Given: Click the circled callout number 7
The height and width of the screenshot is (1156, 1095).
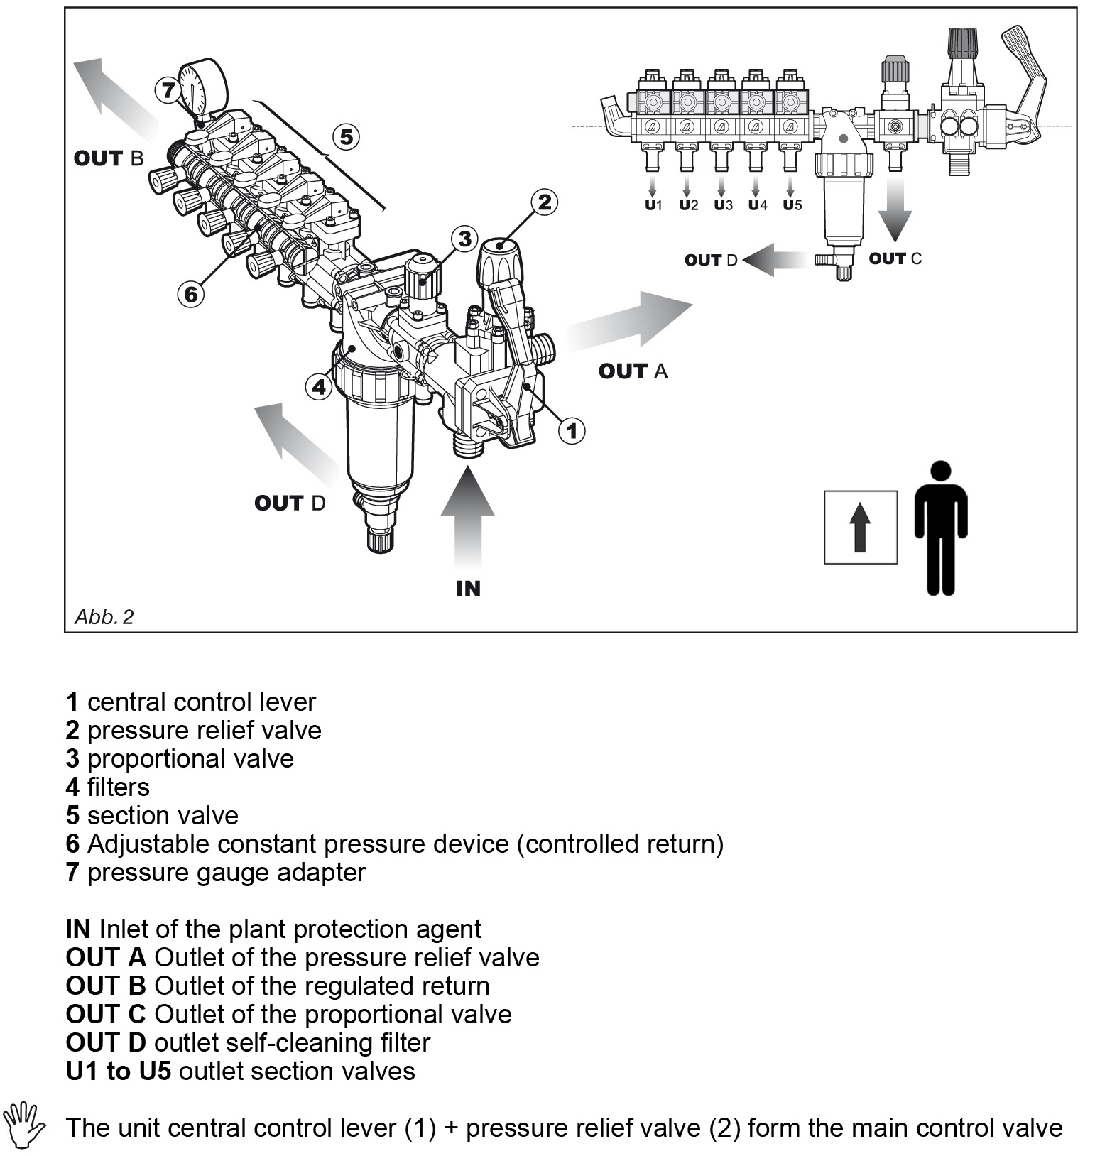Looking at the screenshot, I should [x=168, y=90].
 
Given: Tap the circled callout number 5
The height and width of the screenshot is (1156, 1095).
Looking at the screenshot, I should [x=346, y=136].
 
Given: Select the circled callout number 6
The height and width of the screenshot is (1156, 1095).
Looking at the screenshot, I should [x=191, y=293].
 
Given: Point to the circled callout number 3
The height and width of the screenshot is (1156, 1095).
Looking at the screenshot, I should [x=464, y=239].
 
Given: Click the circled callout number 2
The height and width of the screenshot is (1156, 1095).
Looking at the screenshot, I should [x=543, y=202].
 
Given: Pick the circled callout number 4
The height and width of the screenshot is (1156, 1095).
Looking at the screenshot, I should [x=320, y=387].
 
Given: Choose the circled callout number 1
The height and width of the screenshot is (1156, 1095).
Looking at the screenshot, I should [x=572, y=430].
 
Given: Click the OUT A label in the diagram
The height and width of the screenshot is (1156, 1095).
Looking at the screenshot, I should [x=633, y=371].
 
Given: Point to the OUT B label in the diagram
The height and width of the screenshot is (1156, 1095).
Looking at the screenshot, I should [x=109, y=158].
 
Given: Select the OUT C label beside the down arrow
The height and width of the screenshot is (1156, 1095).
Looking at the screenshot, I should [x=895, y=258].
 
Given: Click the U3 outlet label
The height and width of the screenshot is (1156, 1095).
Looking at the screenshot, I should [x=722, y=205].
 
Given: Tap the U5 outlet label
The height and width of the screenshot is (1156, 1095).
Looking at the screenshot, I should [x=792, y=205].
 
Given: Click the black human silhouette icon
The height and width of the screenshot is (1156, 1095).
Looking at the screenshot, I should [x=940, y=527].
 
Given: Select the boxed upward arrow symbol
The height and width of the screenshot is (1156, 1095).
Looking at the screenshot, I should [x=860, y=527].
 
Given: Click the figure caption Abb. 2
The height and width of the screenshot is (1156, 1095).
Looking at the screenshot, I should [x=104, y=616].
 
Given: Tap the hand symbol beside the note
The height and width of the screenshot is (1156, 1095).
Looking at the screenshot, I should [x=24, y=1125].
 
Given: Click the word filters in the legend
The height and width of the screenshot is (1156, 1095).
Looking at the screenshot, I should [x=118, y=787].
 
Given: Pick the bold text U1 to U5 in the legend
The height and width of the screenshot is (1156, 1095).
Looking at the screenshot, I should [x=119, y=1071].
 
